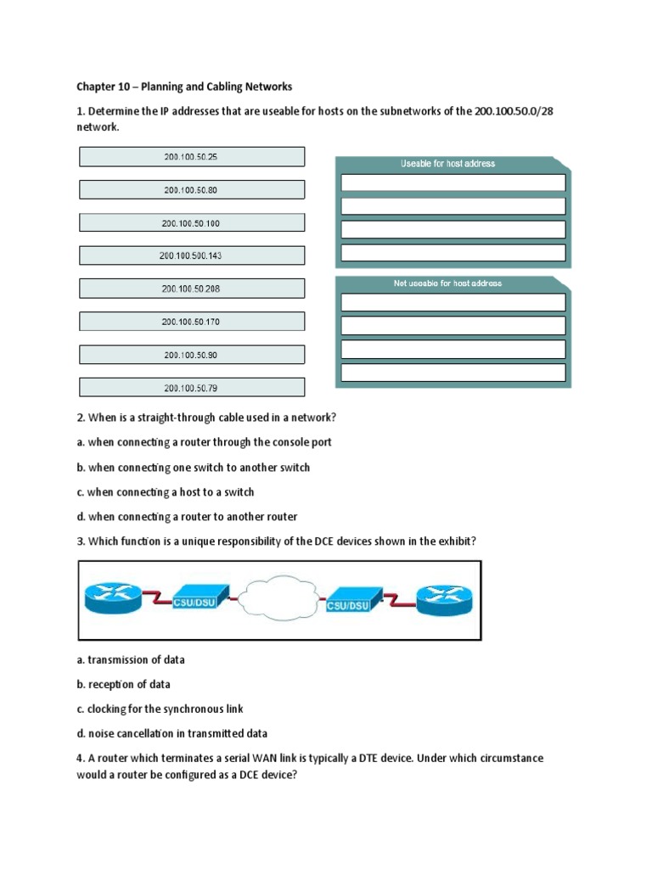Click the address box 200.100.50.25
(x=191, y=157)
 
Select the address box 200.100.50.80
(x=191, y=190)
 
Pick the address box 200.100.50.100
(x=191, y=223)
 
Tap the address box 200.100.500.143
(x=191, y=255)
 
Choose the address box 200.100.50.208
(x=191, y=289)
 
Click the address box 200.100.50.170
(x=191, y=322)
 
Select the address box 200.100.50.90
(x=191, y=355)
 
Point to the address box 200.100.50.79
(x=191, y=388)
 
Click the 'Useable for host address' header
(x=447, y=164)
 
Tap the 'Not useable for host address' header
(x=447, y=283)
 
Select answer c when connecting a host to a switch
(x=171, y=492)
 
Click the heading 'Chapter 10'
(x=184, y=87)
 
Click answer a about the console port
(x=210, y=442)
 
